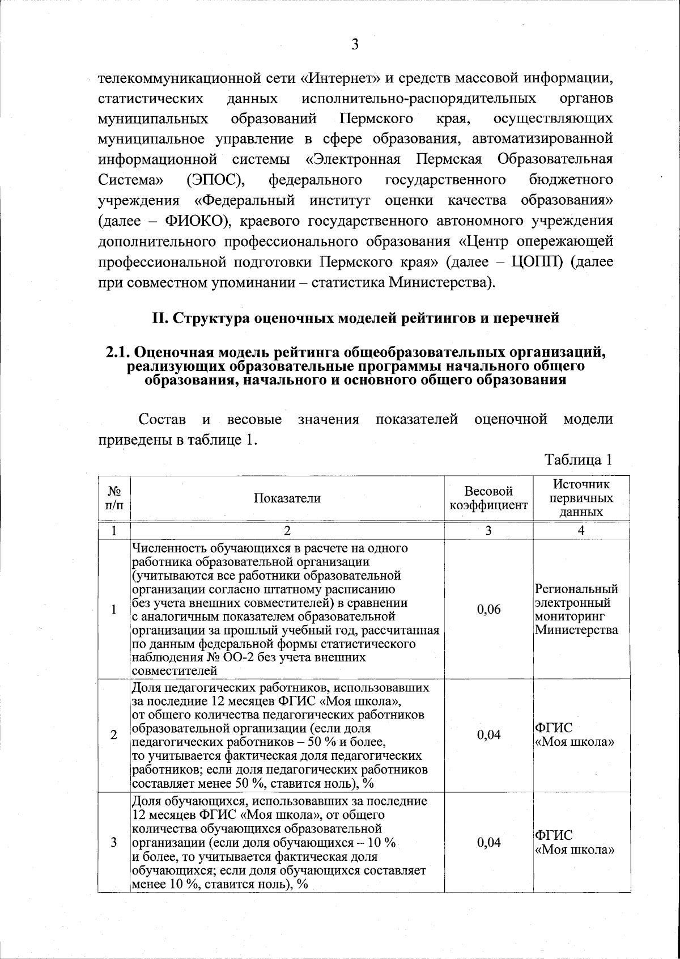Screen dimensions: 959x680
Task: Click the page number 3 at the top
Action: [x=355, y=45]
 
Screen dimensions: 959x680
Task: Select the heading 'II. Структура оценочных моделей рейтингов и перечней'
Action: [x=355, y=318]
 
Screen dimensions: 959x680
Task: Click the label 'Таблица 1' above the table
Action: [x=578, y=459]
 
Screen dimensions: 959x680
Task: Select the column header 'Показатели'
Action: [x=287, y=498]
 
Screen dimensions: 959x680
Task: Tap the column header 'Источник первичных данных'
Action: [x=582, y=498]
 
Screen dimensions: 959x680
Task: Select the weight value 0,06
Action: [x=488, y=610]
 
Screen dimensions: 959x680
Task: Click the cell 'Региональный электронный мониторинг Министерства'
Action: [x=577, y=609]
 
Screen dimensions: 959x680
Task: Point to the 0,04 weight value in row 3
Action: [x=488, y=842]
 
